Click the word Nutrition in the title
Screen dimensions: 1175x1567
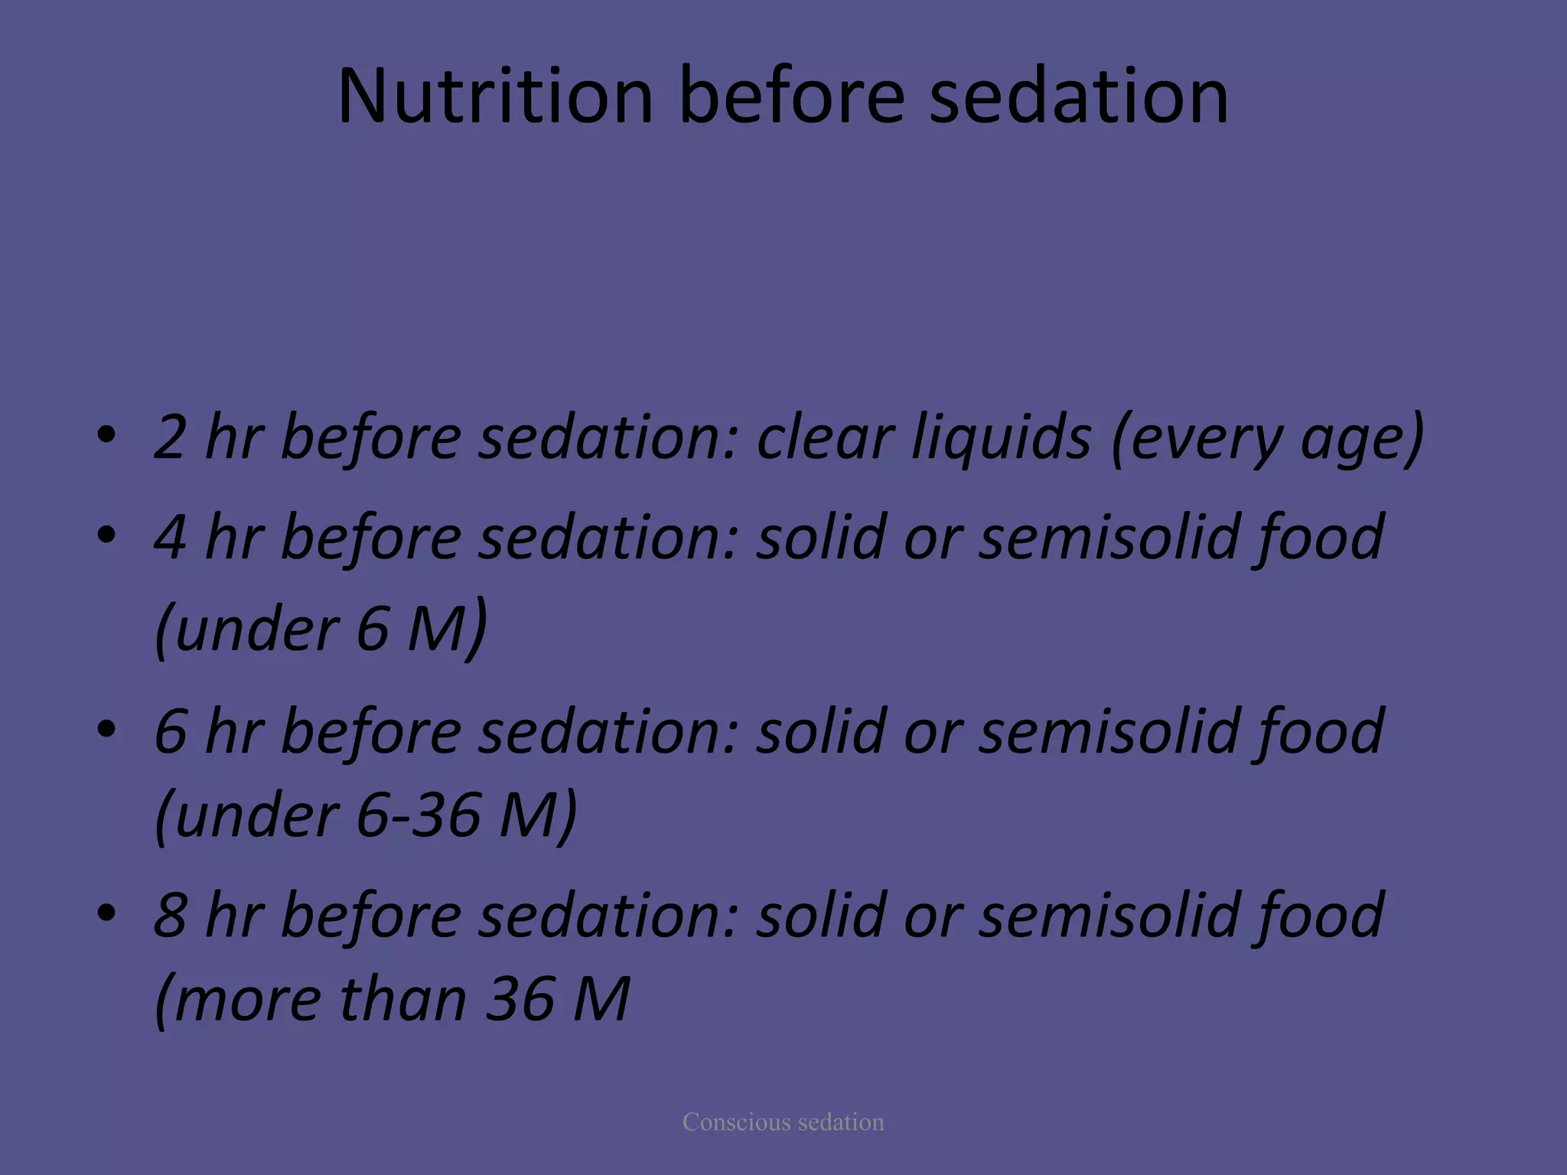(x=494, y=96)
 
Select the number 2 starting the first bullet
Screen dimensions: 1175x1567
(x=170, y=438)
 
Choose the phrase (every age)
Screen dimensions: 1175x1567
(x=1267, y=438)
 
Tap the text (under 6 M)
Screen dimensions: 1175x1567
(x=321, y=630)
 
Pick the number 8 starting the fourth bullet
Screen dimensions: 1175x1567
(x=170, y=916)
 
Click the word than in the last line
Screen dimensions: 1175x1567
(x=402, y=999)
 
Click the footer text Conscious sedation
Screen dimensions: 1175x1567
(x=783, y=1122)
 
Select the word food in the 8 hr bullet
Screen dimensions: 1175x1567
(x=1318, y=916)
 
